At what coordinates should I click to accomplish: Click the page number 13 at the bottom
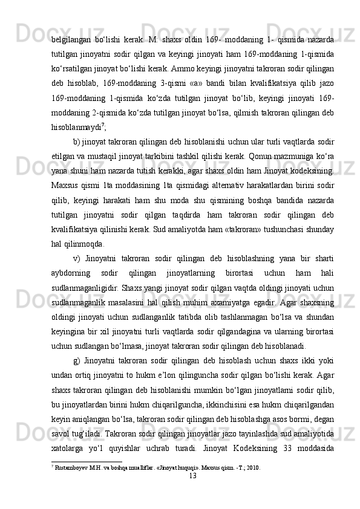[192, 476]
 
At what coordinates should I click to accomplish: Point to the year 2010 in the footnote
[254, 468]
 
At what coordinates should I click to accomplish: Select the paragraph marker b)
[77, 151]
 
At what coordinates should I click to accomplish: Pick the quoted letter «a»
[195, 81]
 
